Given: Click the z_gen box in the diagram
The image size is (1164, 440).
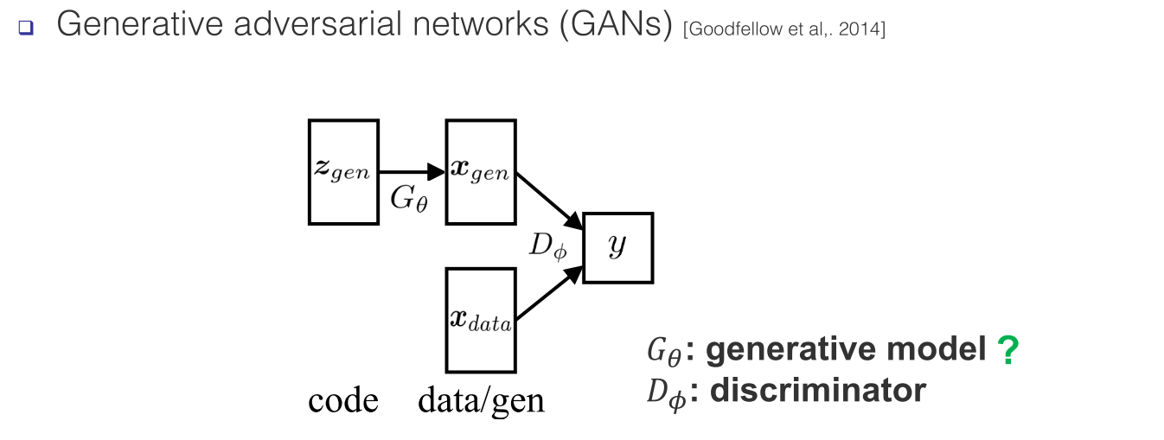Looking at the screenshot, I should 343,172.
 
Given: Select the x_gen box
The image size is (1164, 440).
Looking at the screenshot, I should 481,172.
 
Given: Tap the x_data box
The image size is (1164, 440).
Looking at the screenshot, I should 481,320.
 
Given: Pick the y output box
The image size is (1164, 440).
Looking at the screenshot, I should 617,247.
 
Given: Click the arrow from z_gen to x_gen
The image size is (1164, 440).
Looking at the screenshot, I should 412,172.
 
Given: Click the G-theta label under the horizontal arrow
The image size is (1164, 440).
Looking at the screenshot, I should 408,199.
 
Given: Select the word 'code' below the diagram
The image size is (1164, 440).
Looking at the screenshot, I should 343,400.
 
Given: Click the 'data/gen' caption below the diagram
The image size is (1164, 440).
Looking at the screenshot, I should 481,400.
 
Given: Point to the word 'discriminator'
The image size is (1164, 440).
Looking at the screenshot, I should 817,391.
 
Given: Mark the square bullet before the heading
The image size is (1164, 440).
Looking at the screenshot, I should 24,27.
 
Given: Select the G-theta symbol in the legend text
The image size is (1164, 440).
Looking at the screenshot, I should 662,351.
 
